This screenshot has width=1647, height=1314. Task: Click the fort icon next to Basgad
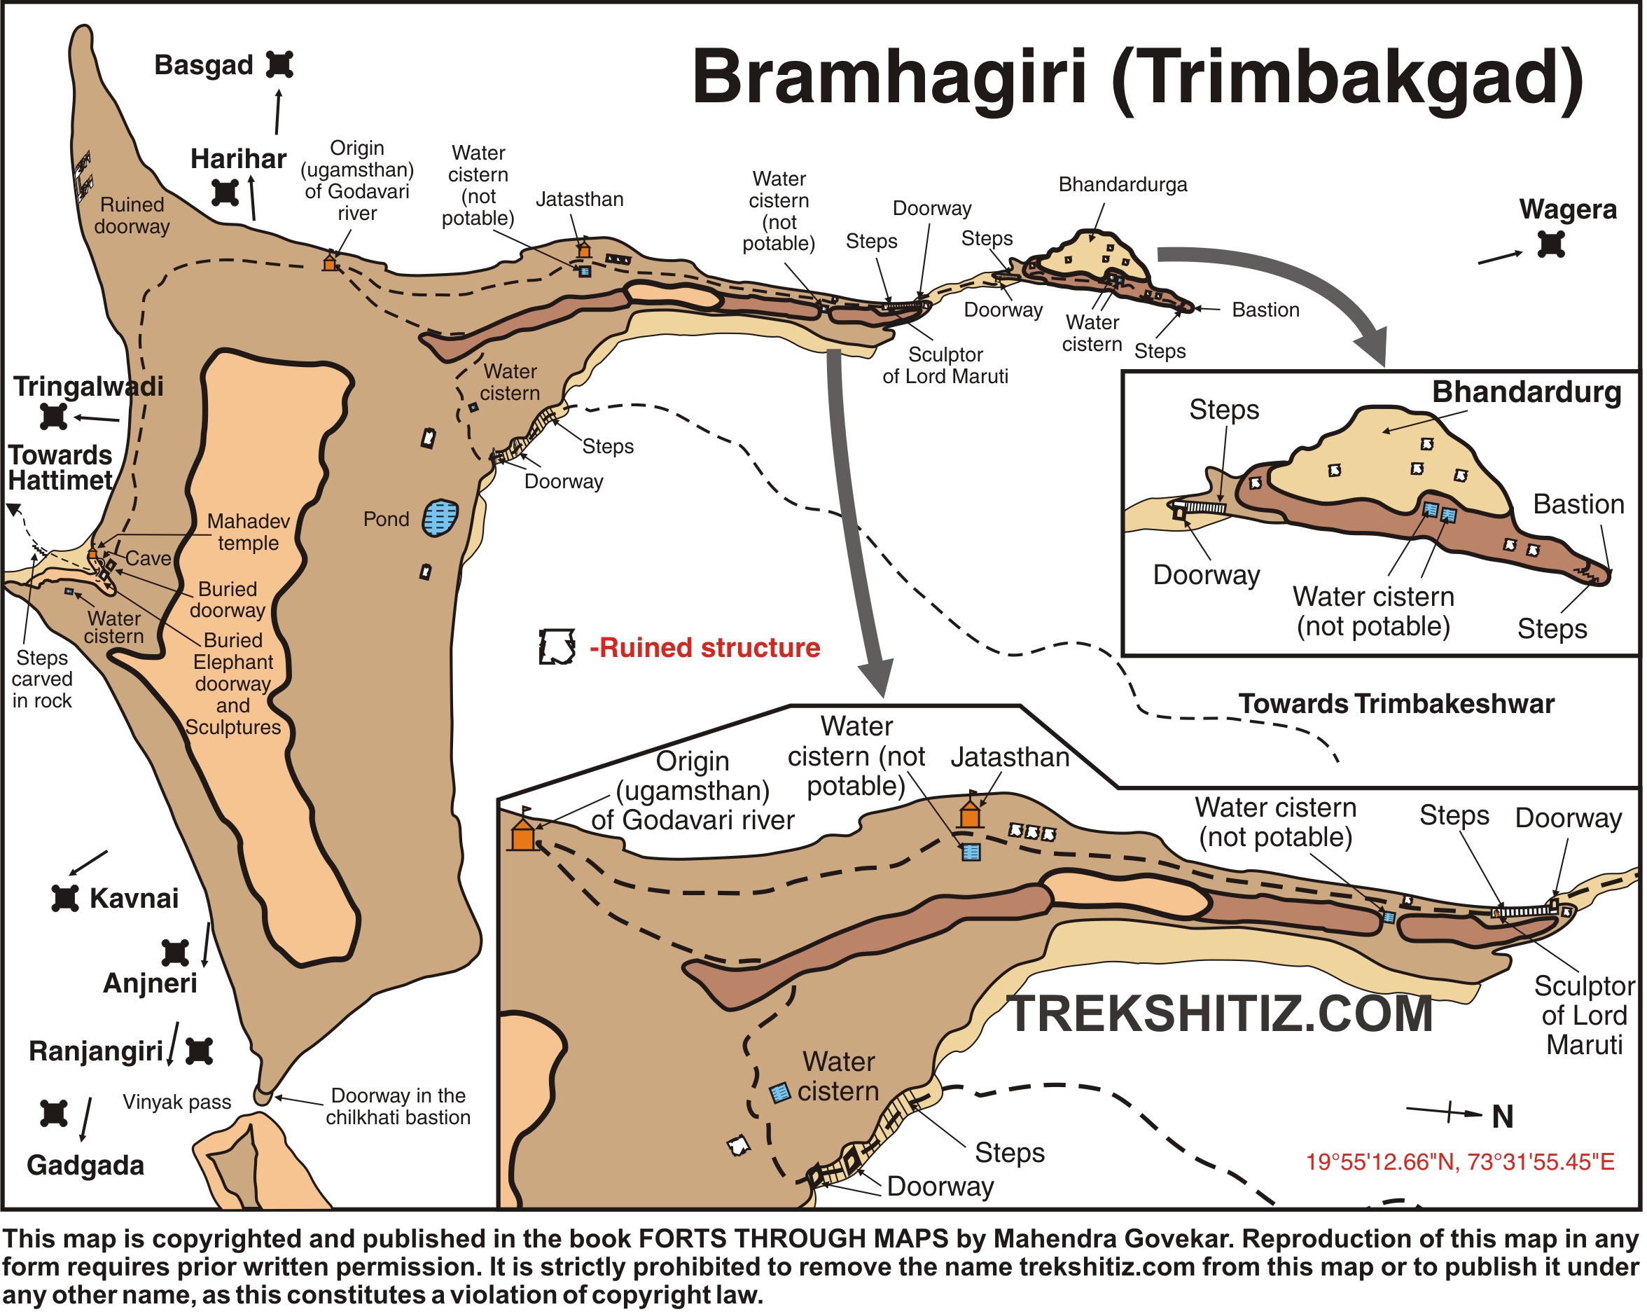click(x=279, y=64)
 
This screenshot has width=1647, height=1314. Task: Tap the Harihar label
click(x=238, y=159)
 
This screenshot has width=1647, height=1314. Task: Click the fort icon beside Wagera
click(x=1551, y=244)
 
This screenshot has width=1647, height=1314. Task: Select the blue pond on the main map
click(x=440, y=518)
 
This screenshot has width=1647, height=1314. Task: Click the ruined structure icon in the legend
click(x=557, y=647)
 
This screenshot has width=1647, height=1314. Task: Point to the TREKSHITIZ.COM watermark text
click(x=1220, y=1014)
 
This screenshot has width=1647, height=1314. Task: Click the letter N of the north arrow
click(x=1503, y=1117)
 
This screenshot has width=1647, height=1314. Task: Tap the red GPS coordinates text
click(x=1460, y=1162)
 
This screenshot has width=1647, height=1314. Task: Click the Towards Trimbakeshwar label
click(x=1396, y=704)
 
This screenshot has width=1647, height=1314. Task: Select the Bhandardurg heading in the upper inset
click(x=1526, y=392)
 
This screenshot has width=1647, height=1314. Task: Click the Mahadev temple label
click(x=249, y=532)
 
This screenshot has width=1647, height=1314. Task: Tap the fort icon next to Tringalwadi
click(x=53, y=416)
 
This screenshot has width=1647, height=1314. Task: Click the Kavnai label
click(x=134, y=899)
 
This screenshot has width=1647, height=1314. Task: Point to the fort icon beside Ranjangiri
click(x=200, y=1051)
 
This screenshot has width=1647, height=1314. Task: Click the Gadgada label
click(x=85, y=1166)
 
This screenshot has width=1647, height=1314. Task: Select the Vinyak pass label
click(x=176, y=1102)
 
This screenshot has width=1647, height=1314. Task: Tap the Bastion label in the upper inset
click(x=1578, y=504)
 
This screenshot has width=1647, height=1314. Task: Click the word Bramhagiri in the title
click(x=889, y=76)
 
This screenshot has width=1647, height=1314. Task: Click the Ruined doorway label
click(x=132, y=216)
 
